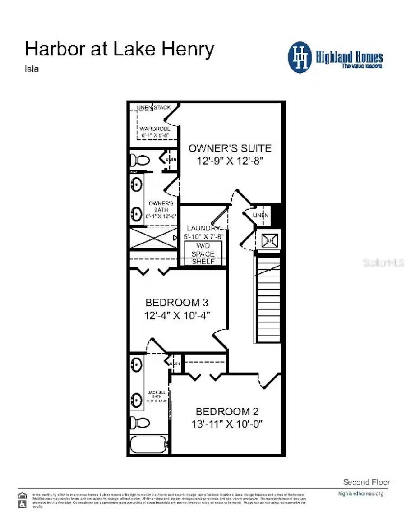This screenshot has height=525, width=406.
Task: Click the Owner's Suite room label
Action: pyautogui.click(x=230, y=148)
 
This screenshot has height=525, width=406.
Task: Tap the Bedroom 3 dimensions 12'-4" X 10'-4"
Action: pyautogui.click(x=178, y=315)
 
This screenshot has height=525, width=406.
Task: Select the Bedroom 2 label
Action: pyautogui.click(x=227, y=411)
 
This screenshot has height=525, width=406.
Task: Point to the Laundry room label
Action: pyautogui.click(x=203, y=228)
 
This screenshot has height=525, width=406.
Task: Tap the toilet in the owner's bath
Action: pyautogui.click(x=140, y=160)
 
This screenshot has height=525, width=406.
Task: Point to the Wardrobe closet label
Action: pyautogui.click(x=155, y=129)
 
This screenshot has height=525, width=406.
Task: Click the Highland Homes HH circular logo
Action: pyautogui.click(x=300, y=57)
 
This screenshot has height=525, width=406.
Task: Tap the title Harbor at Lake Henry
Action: pyautogui.click(x=119, y=49)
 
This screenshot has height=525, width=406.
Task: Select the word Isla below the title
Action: pyautogui.click(x=31, y=69)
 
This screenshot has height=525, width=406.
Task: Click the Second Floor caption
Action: pyautogui.click(x=366, y=482)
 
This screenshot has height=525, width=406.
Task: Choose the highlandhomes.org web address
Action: pyautogui.click(x=360, y=493)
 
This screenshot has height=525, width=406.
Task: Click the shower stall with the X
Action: pyautogui.click(x=153, y=238)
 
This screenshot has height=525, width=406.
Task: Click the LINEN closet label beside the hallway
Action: pyautogui.click(x=260, y=216)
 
